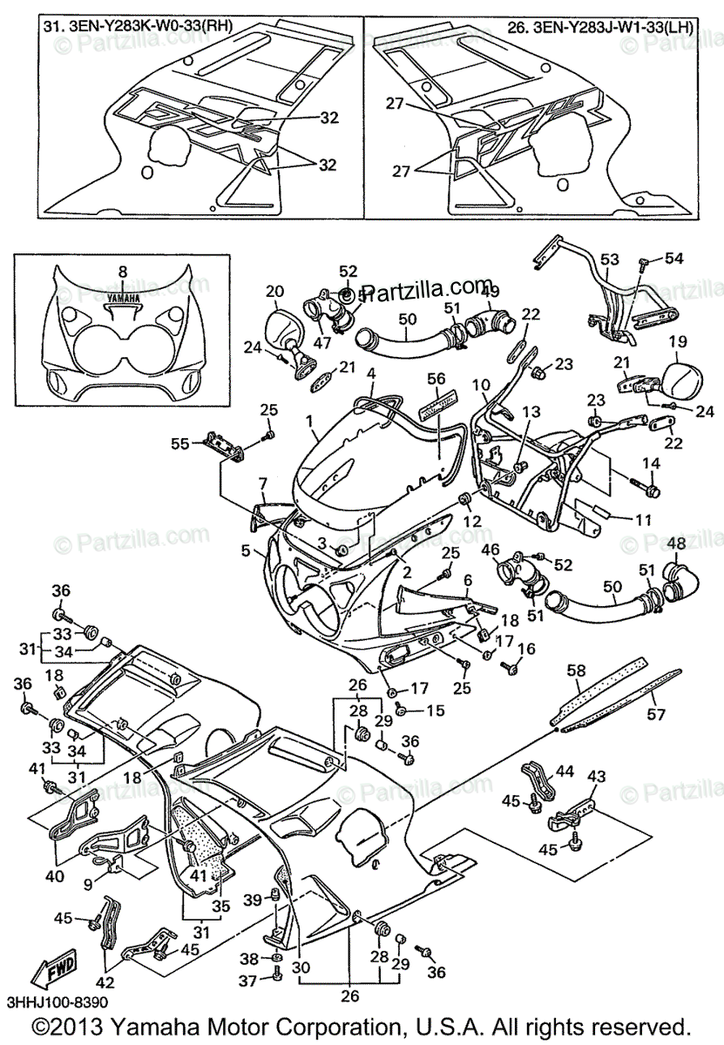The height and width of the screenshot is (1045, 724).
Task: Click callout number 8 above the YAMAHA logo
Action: (122, 271)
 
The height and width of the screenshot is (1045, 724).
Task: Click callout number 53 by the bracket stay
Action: (609, 259)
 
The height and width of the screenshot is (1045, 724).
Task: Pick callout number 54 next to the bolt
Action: (675, 259)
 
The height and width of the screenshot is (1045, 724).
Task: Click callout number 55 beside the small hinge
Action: (180, 443)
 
